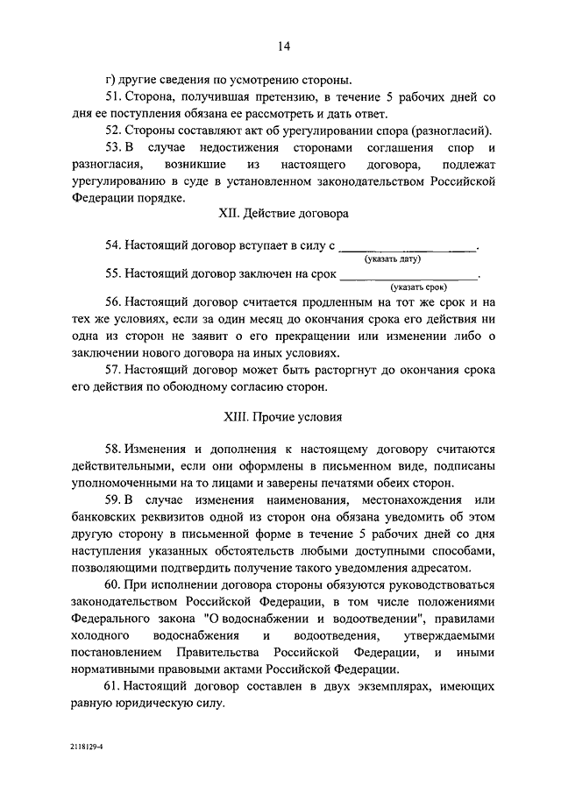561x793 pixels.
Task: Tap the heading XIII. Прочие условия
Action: (281, 417)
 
